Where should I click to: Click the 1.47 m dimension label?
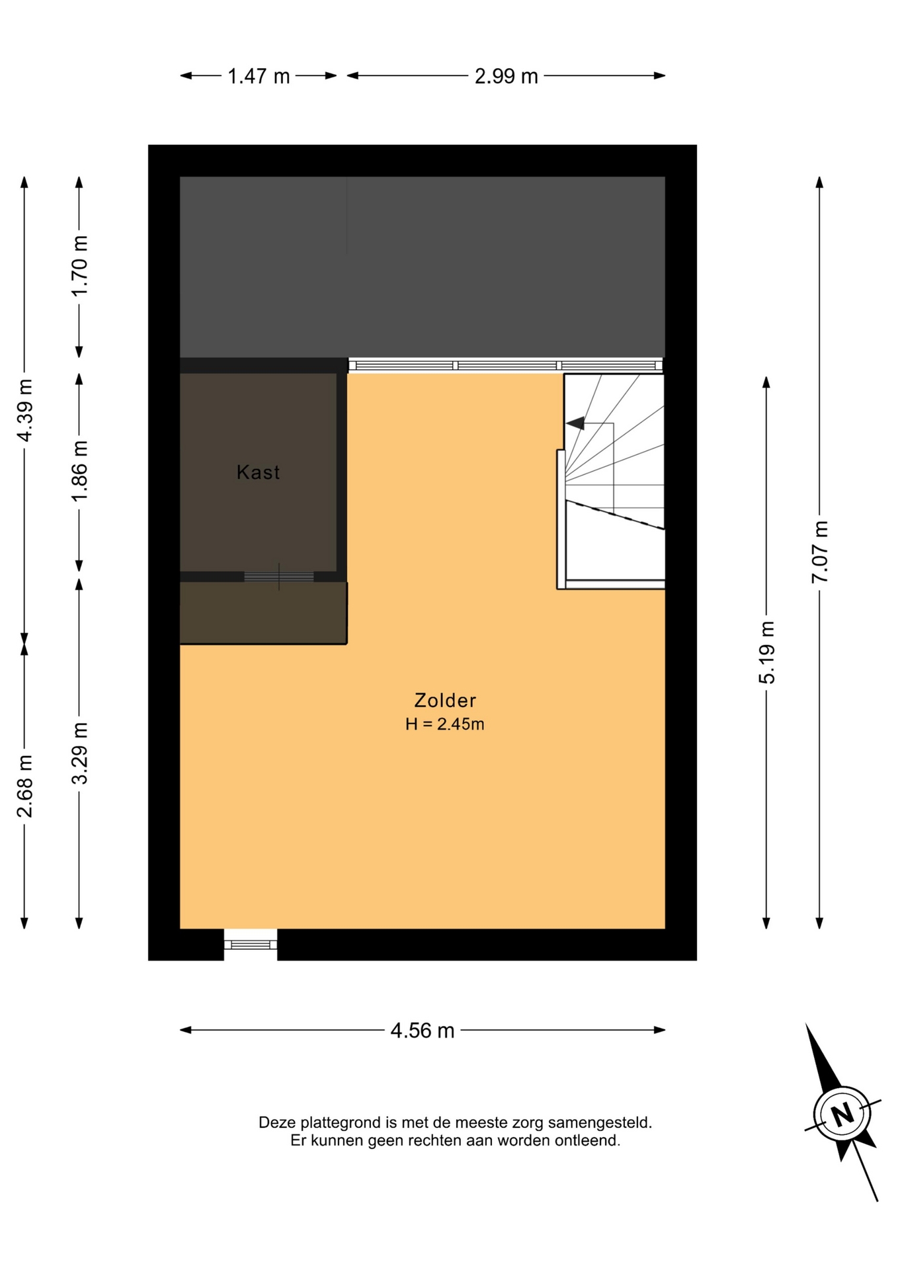[259, 77]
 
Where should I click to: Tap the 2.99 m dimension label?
[506, 77]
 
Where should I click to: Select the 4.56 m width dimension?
[423, 1031]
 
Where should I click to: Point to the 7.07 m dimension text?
[820, 552]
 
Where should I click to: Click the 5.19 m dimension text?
[767, 652]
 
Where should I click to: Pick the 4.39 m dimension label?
[25, 410]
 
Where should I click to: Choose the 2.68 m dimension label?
[25, 786]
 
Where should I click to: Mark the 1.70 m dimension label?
[79, 266]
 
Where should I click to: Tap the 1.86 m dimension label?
[79, 471]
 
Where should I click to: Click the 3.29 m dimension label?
[79, 753]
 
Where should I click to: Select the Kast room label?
[259, 472]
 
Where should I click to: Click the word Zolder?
[445, 700]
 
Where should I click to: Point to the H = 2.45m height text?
[445, 724]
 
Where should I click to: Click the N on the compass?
[842, 1115]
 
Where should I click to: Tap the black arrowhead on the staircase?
[575, 423]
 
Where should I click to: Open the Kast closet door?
[279, 577]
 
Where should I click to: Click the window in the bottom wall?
[251, 945]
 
